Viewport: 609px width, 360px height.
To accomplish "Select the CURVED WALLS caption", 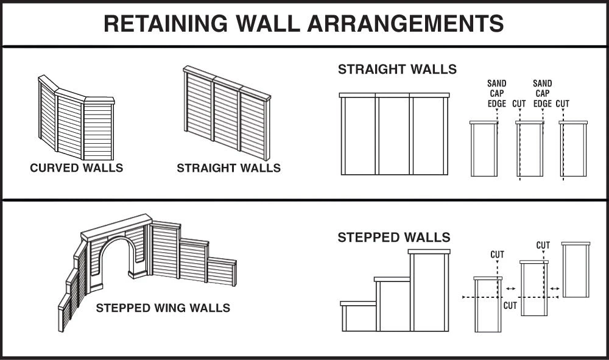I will coord(77,168).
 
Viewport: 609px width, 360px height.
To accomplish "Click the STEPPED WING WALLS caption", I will coord(163,308).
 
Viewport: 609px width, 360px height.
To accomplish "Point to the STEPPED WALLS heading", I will coord(394,238).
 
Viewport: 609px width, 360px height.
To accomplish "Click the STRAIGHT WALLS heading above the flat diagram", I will coord(397,69).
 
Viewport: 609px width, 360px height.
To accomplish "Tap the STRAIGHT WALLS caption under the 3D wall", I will coord(228,168).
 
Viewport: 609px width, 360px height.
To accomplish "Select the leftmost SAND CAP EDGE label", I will coord(497,94).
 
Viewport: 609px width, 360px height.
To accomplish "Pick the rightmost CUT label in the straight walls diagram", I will coord(562,104).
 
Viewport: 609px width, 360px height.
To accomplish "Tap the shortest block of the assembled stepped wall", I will coord(359,317).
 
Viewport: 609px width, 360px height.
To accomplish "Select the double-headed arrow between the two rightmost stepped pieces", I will coord(555,288).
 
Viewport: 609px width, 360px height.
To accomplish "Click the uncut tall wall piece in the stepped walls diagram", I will coord(576,270).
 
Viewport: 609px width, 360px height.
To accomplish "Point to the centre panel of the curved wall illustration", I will coord(69,125).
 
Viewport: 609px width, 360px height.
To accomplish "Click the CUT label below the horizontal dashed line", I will coord(510,306).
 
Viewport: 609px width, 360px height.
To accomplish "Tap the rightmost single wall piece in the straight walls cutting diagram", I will coord(573,150).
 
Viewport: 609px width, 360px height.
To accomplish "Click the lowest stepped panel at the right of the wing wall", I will coord(221,273).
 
